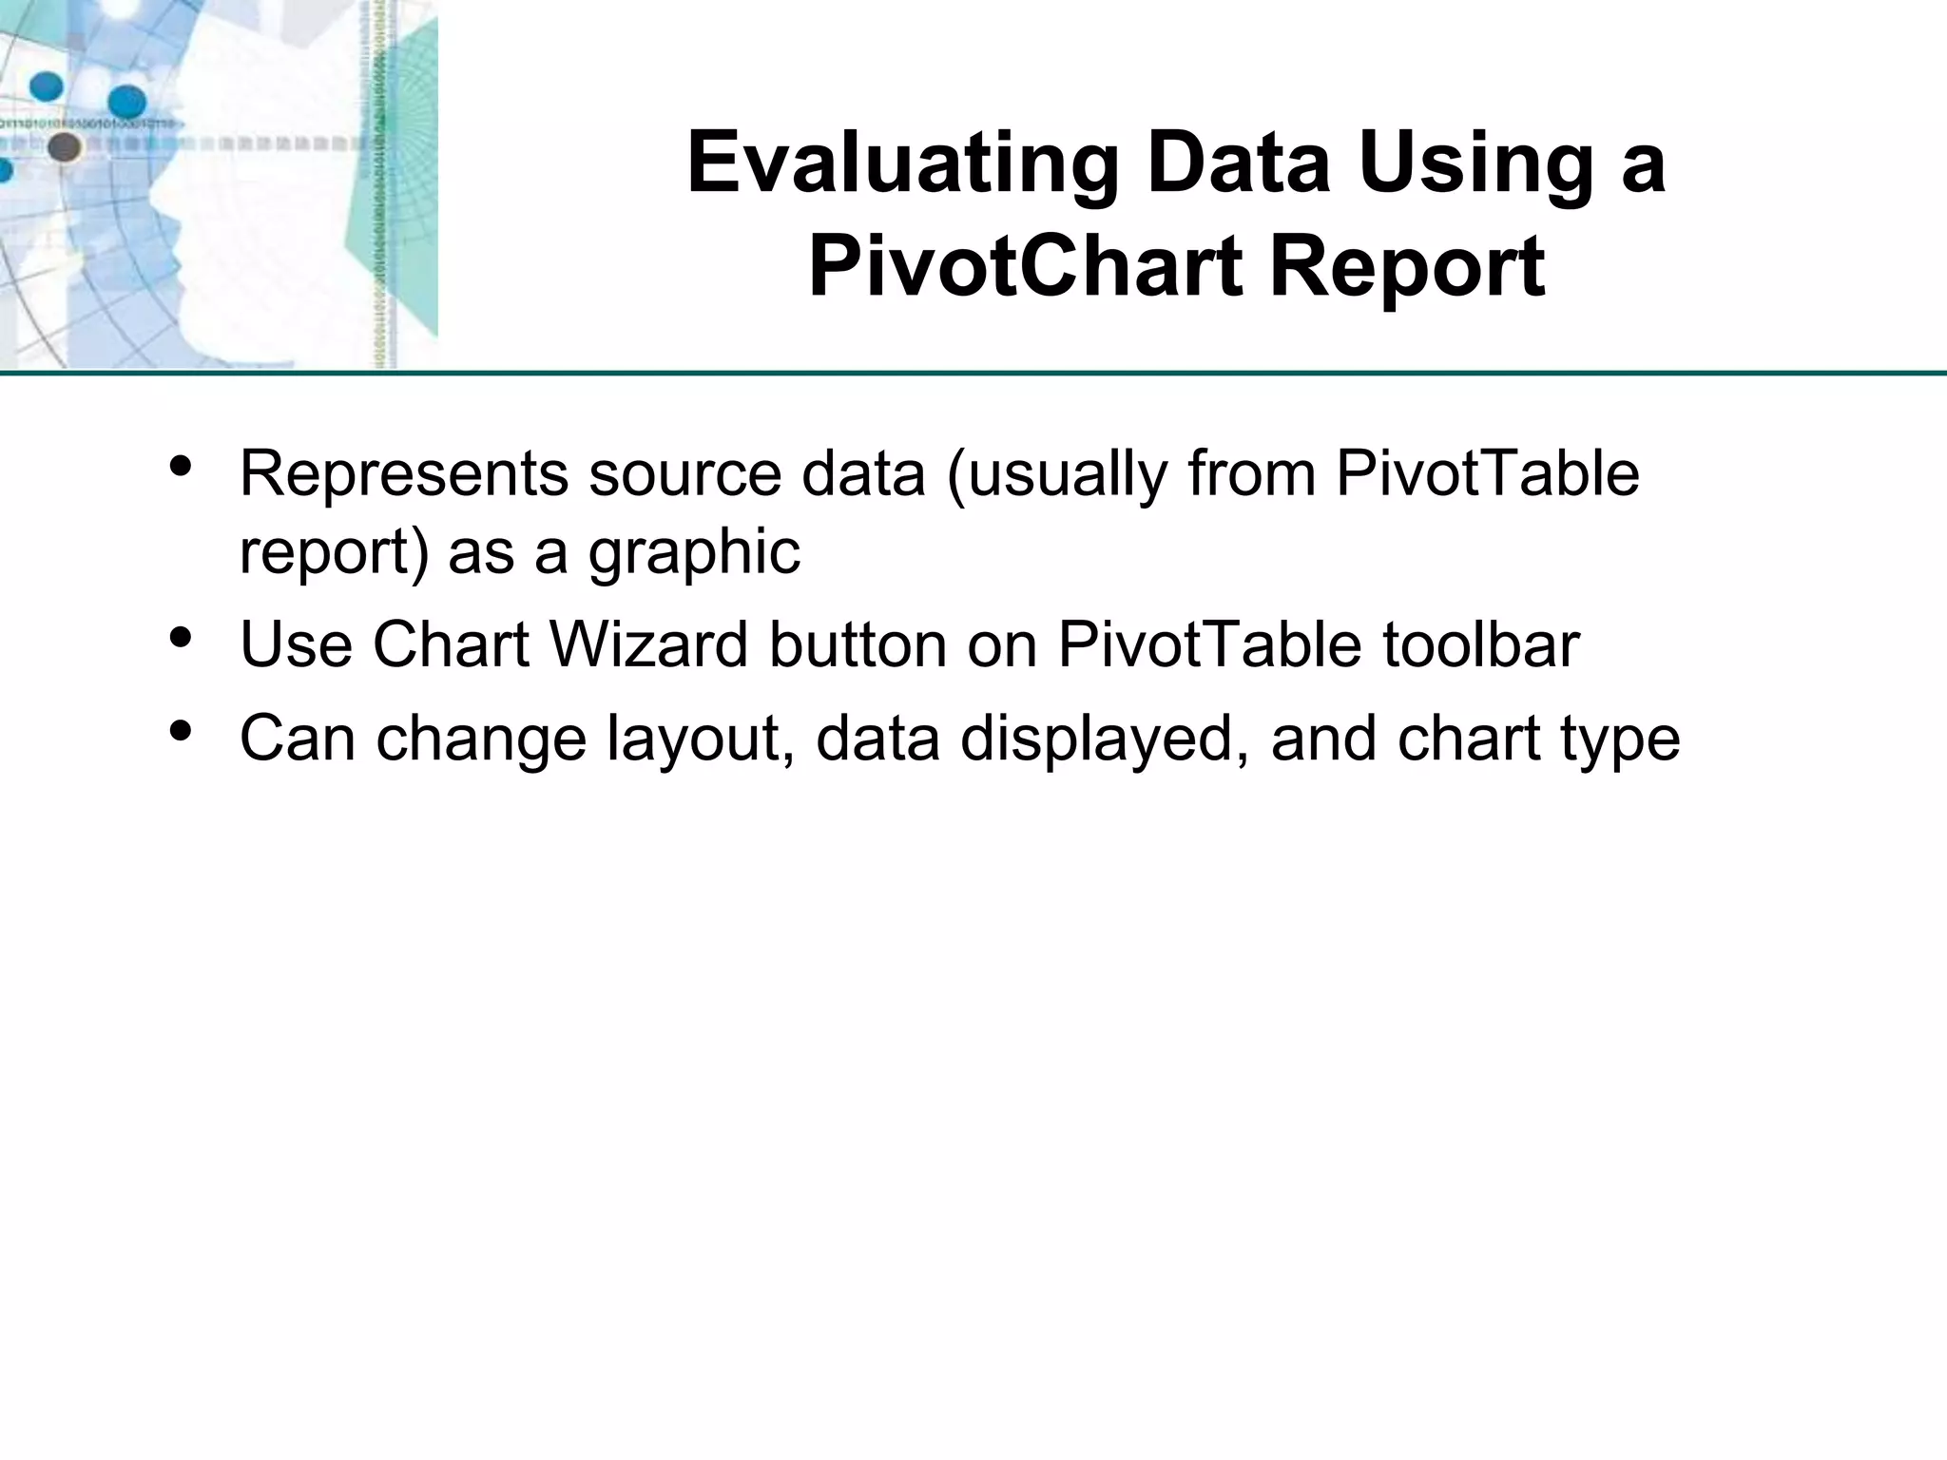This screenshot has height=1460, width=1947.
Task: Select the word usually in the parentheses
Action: (x=1057, y=473)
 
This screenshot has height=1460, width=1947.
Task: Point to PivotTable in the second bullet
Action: (x=1210, y=645)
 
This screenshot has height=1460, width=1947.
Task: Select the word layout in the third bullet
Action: (x=702, y=739)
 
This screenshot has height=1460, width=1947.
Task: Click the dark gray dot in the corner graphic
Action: (x=64, y=147)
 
